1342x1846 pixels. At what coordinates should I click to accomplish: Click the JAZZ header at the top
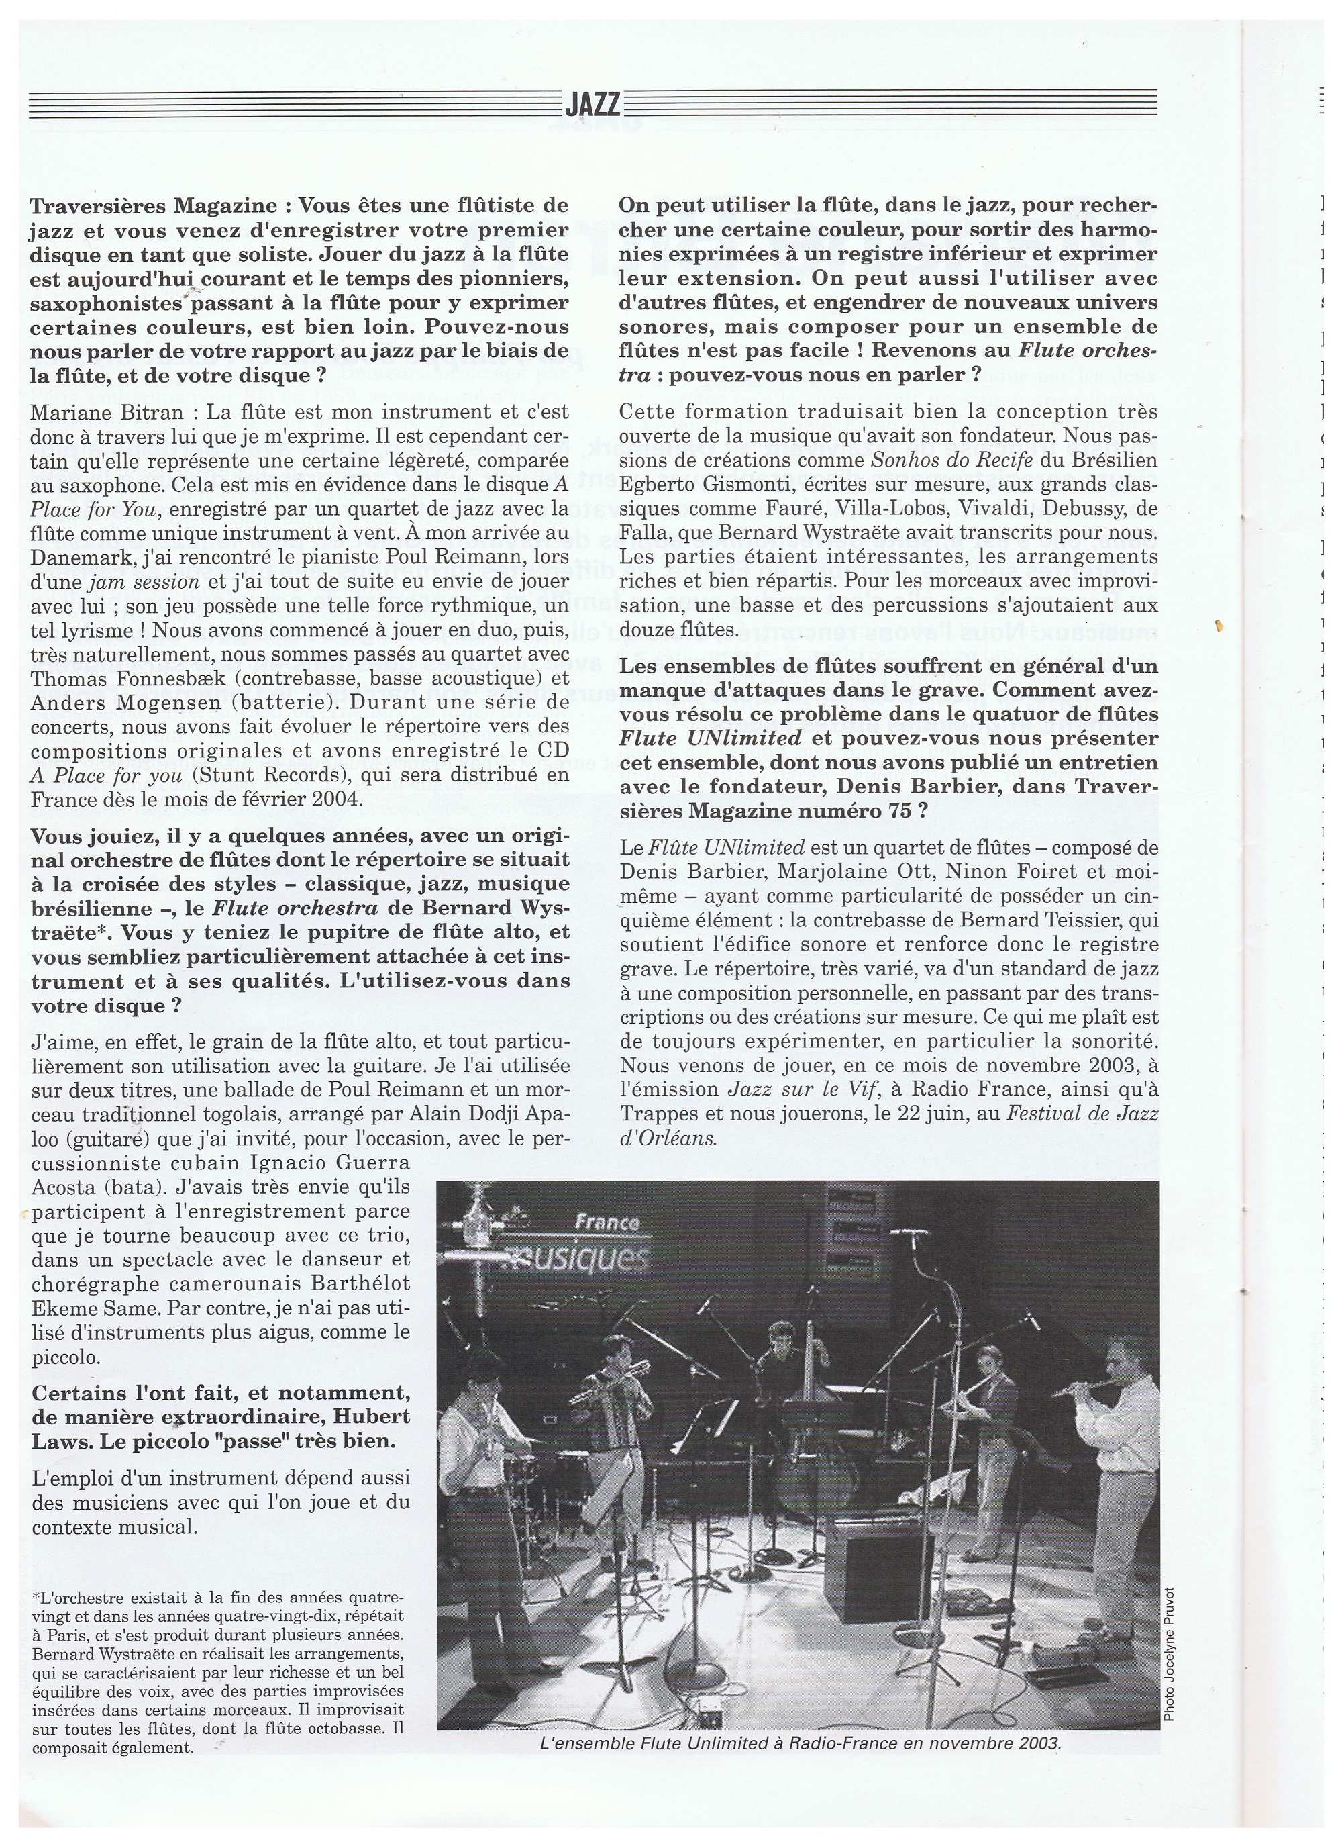coord(592,105)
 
